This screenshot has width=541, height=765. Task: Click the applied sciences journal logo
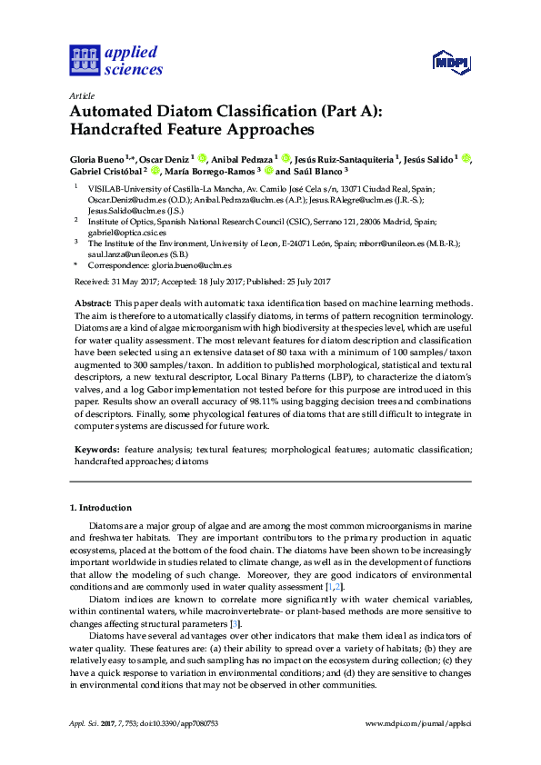coord(115,60)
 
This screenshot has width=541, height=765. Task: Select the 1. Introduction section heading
coord(101,508)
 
